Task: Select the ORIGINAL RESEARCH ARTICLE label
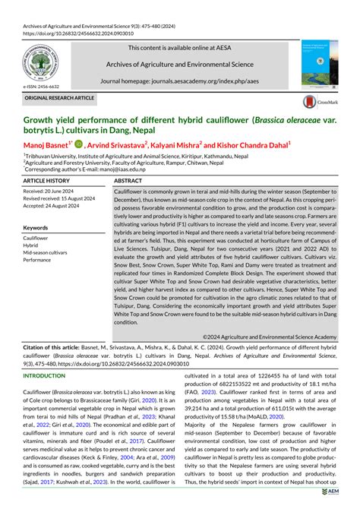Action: coord(60,99)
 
